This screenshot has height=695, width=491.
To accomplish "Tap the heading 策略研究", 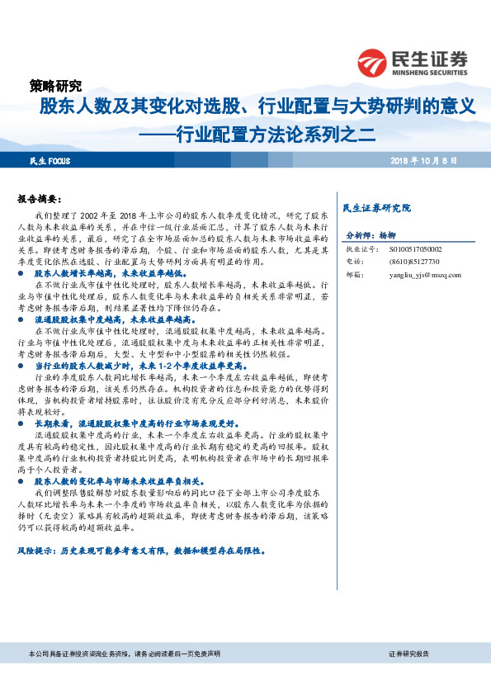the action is tap(55, 85).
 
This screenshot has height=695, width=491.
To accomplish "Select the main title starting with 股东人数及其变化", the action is tap(258, 106).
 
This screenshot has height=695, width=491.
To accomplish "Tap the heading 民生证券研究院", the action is tap(375, 207).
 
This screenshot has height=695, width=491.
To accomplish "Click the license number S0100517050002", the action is tap(415, 248).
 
